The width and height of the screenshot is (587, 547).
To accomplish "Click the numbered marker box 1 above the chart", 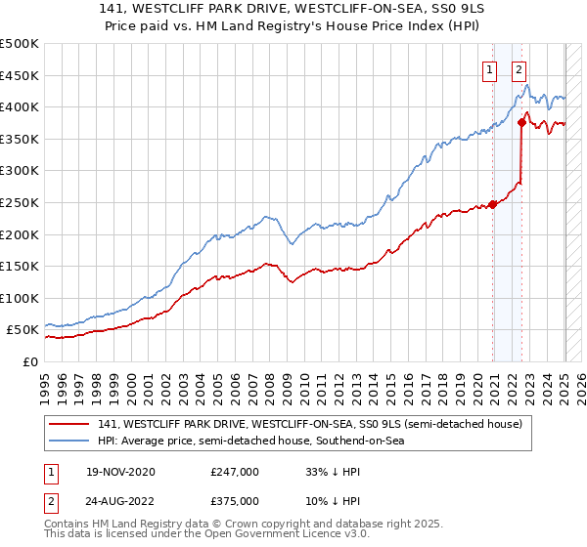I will tap(487, 68).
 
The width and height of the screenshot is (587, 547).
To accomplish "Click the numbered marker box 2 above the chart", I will tap(518, 68).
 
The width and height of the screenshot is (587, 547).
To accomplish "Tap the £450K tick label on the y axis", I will tap(20, 75).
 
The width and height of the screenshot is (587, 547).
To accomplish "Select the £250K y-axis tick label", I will tap(20, 202).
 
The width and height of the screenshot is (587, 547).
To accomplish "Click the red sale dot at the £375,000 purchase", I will tap(521, 122).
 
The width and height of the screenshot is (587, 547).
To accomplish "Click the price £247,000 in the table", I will tap(234, 472).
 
